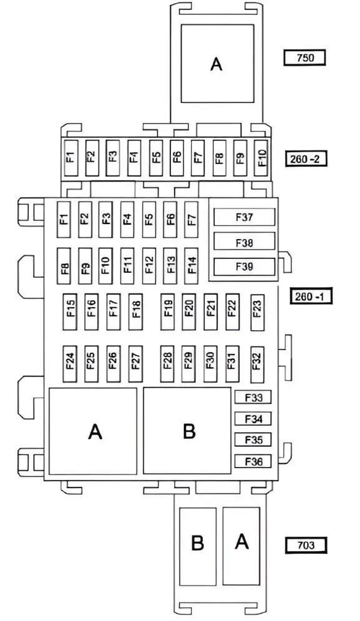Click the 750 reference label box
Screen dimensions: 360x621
click(304, 58)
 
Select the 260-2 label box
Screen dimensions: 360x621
click(306, 159)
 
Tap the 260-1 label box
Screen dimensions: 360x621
click(311, 296)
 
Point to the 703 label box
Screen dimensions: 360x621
click(306, 545)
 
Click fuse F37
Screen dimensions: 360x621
click(245, 217)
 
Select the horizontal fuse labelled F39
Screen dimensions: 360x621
click(245, 266)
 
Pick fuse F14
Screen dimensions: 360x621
click(192, 266)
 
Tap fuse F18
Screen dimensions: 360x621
click(135, 311)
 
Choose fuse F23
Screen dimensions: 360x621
click(258, 311)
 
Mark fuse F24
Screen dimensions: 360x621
click(70, 364)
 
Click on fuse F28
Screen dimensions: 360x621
click(167, 364)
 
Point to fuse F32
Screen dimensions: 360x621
click(258, 364)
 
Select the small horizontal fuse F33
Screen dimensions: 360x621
click(253, 397)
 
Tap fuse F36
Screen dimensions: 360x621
click(253, 461)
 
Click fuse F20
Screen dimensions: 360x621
click(189, 311)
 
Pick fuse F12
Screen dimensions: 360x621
click(149, 266)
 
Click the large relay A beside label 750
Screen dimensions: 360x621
click(217, 64)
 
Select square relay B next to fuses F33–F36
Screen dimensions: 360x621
click(187, 431)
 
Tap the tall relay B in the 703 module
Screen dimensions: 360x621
click(198, 547)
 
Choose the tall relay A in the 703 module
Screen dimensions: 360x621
click(241, 546)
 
